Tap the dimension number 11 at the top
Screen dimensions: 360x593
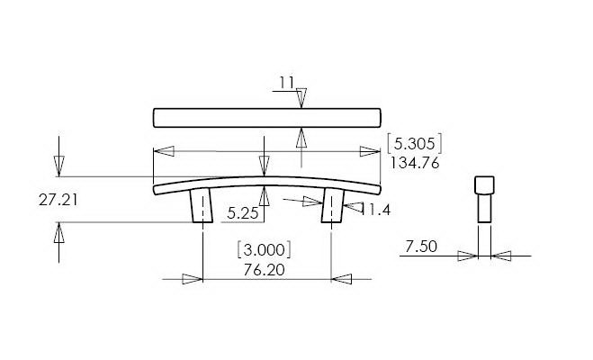tap(287, 83)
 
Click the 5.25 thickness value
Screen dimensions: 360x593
tap(243, 213)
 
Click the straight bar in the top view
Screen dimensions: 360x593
tap(267, 118)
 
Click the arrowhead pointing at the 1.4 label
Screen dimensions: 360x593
tap(350, 209)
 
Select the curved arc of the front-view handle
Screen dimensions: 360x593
tap(267, 180)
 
